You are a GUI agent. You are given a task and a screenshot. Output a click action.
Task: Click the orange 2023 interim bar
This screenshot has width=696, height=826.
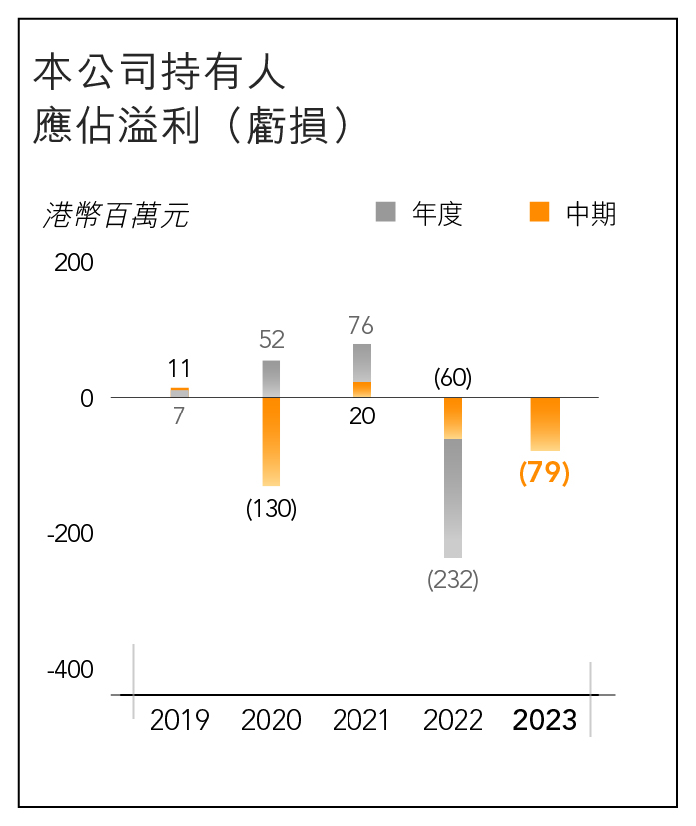click(545, 423)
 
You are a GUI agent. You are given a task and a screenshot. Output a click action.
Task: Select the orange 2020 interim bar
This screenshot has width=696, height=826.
click(271, 440)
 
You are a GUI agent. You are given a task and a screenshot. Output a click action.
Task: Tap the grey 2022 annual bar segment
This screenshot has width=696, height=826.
click(453, 498)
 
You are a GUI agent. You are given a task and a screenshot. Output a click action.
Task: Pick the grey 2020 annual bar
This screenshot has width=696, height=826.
click(271, 378)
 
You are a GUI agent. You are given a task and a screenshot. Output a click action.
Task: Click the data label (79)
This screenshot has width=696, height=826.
click(544, 472)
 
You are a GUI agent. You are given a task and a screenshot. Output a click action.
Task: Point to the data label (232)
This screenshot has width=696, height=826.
click(453, 579)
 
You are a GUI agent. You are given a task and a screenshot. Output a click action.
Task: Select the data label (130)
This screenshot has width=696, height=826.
click(271, 508)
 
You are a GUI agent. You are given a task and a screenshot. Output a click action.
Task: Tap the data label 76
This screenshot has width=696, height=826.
click(361, 325)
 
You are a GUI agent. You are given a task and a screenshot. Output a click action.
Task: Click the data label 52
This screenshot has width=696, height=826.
click(271, 340)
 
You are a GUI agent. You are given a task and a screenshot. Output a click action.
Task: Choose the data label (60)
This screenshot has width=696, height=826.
click(453, 378)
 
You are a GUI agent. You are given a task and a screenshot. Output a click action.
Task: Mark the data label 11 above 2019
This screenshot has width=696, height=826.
click(179, 368)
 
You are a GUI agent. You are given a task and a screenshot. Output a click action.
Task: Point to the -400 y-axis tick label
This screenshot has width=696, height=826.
click(70, 670)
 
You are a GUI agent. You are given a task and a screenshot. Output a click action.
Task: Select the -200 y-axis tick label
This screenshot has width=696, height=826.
click(70, 534)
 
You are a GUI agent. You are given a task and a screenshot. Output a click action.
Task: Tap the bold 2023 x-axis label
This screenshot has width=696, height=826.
click(545, 720)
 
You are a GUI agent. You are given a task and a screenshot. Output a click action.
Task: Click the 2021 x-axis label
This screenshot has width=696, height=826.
click(361, 720)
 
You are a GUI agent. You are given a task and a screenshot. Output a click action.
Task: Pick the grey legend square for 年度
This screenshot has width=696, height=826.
click(385, 211)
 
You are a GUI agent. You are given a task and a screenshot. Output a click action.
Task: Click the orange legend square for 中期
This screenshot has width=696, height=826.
click(539, 211)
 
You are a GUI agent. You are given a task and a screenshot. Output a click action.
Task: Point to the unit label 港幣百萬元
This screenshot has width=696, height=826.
click(116, 215)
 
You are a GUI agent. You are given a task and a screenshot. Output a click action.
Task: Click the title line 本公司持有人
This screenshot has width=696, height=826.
click(160, 73)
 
